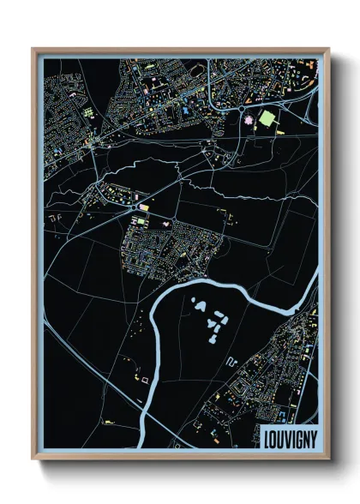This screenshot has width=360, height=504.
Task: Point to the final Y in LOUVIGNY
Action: [x=311, y=435]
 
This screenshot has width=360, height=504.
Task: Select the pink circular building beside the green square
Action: [x=249, y=123]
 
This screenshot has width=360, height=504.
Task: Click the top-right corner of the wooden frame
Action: [x=328, y=50]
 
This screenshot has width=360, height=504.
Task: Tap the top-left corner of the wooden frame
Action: [x=33, y=50]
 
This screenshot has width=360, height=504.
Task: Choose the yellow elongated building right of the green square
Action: [x=290, y=121]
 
